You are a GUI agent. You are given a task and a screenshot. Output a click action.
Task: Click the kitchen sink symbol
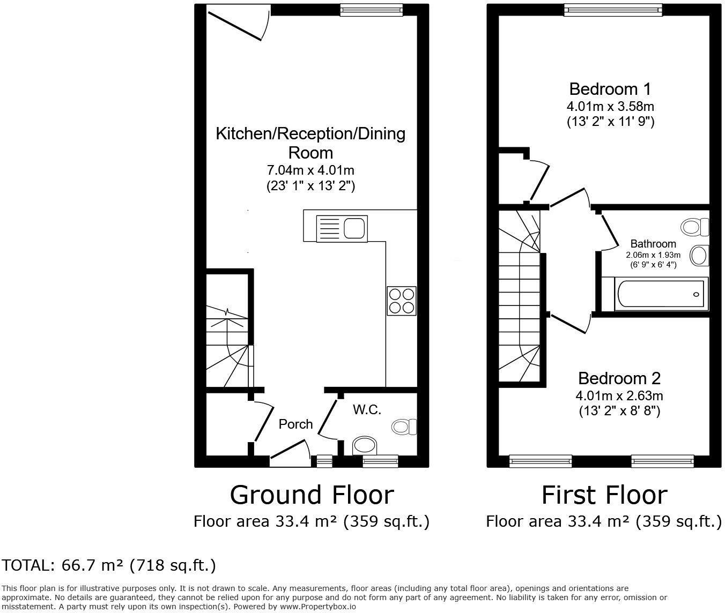(341, 228)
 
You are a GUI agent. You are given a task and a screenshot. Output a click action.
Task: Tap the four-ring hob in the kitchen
(402, 301)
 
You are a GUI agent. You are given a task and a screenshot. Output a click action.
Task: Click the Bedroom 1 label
(610, 88)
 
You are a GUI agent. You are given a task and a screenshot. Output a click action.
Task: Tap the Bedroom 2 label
(619, 378)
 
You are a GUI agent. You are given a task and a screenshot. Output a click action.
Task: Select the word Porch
(295, 424)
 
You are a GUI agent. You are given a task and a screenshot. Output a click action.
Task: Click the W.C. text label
(367, 410)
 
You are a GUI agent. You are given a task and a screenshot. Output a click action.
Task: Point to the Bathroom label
(653, 244)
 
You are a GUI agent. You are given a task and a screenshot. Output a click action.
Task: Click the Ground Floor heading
(312, 495)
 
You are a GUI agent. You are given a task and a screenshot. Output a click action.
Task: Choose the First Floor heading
(604, 495)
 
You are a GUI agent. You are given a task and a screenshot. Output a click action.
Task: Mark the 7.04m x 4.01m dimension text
(311, 170)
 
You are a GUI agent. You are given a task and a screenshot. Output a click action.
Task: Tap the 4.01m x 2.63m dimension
(619, 396)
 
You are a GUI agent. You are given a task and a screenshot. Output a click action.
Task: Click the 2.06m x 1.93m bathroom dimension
(653, 255)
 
